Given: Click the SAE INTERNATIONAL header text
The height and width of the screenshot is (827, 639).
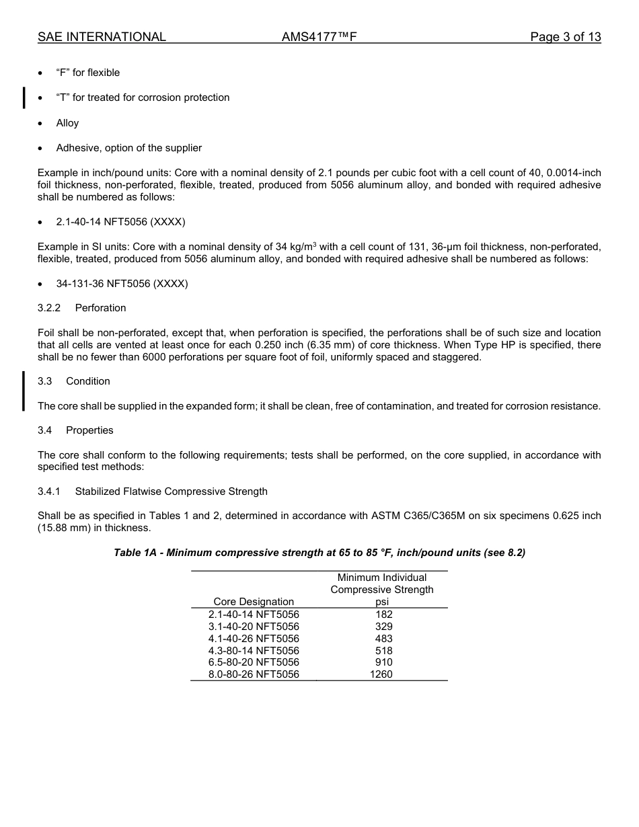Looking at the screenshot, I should click(102, 37).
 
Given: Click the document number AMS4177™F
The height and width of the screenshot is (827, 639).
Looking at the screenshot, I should click(319, 37).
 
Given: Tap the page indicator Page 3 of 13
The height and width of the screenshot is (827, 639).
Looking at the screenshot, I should click(565, 37).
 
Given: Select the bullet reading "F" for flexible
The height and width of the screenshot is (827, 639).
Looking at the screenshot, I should click(87, 73).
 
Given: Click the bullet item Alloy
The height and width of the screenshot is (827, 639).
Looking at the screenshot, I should click(67, 123).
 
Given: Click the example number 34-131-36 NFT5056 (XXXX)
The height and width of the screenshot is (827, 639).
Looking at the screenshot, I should click(122, 284).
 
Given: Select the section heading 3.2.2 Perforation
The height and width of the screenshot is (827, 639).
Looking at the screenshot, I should click(81, 308).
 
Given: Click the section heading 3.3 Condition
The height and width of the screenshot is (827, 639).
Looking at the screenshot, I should click(74, 381).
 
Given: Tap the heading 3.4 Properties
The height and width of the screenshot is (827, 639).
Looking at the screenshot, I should click(75, 430).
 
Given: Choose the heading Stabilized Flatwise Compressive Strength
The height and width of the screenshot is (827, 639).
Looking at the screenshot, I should click(171, 491).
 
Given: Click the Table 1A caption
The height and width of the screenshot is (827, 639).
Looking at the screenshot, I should click(319, 553).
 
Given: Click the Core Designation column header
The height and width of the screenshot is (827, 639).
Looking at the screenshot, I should click(254, 602).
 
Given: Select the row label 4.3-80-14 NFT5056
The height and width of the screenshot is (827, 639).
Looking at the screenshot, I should click(254, 651).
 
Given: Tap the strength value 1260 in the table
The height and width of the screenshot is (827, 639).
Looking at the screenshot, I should click(381, 674).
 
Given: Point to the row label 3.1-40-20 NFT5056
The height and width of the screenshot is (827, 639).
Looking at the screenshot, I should click(254, 627).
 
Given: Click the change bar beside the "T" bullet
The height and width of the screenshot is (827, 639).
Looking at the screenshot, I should click(24, 97).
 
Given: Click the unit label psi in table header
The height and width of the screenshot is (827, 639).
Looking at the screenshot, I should click(382, 602).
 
